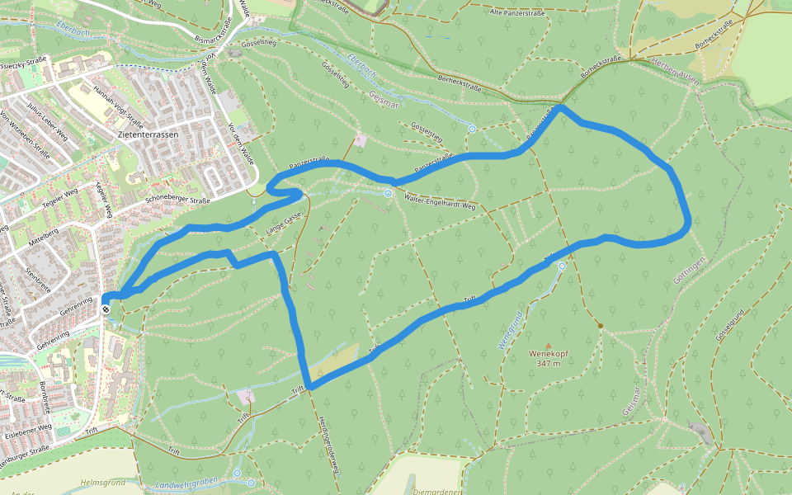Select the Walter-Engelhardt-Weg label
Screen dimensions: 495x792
441,200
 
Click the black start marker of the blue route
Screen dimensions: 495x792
106,309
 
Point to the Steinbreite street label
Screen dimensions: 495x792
38,278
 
